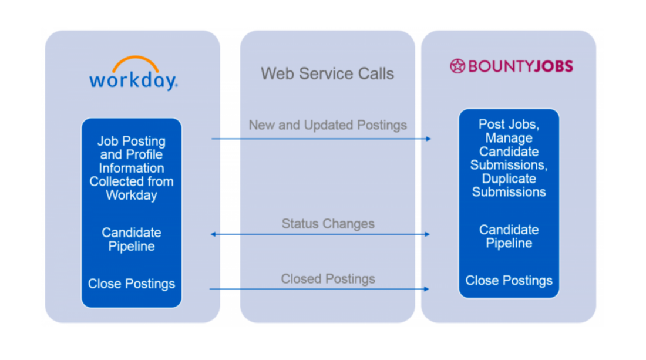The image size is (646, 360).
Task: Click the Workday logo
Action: [x=133, y=76]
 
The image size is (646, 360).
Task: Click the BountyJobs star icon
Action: [x=457, y=66]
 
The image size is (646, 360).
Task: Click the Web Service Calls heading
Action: [x=327, y=73]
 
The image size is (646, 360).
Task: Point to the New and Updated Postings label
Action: [x=327, y=125]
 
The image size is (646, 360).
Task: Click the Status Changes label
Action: [x=328, y=224]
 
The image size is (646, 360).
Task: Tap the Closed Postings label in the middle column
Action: [x=328, y=279]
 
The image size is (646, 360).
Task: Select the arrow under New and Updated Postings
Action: [x=321, y=139]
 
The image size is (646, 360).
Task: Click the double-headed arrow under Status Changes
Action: [x=321, y=234]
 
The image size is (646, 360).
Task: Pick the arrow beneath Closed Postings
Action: [x=319, y=289]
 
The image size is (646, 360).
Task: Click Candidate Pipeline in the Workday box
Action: [x=132, y=240]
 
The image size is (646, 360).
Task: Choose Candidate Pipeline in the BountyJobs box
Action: [x=509, y=237]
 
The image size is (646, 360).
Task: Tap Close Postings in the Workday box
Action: [x=132, y=284]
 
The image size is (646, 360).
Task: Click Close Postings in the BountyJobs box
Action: [x=509, y=281]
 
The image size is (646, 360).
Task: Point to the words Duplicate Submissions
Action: [x=509, y=186]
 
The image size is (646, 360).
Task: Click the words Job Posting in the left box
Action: [x=132, y=142]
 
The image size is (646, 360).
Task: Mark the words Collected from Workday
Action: [x=132, y=189]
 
